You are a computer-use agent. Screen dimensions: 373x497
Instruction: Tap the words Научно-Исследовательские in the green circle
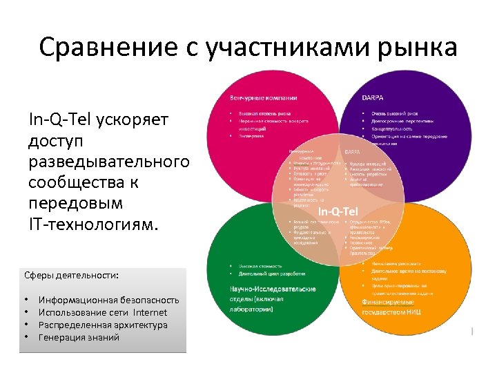tap(272, 289)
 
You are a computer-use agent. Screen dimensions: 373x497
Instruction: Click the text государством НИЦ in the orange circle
tap(392, 312)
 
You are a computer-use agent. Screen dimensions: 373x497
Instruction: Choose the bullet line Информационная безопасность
tap(109, 300)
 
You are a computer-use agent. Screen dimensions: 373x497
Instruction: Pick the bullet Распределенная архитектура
tap(103, 325)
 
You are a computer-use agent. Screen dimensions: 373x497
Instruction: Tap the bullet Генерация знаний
tap(79, 337)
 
